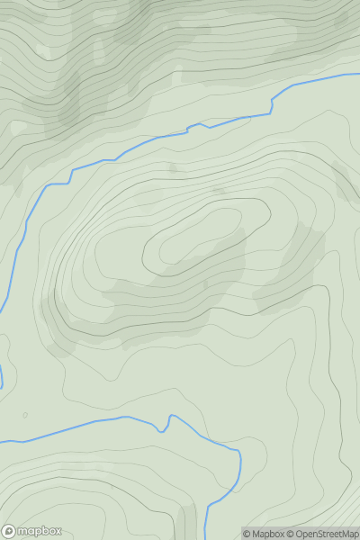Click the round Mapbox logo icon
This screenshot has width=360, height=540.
pos(10,531)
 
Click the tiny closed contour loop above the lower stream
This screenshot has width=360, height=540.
pos(25,415)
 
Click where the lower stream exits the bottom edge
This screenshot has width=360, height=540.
pos(206,537)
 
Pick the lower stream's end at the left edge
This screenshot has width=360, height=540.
pos(2,441)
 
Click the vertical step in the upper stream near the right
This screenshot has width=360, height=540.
pos(271,103)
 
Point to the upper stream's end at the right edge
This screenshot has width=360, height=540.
pos(357,75)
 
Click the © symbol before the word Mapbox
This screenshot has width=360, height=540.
pos(246,534)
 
